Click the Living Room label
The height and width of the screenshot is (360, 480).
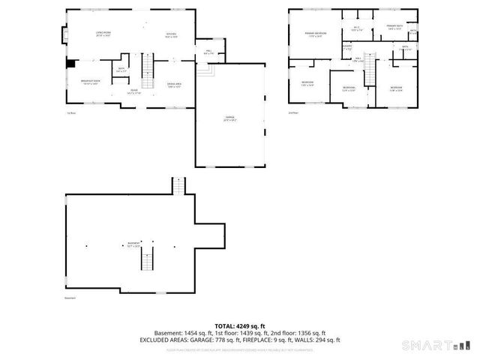(103, 35)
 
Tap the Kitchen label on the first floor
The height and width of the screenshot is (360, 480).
(171, 35)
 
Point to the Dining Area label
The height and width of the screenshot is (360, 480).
(175, 85)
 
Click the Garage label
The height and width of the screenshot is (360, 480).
(229, 118)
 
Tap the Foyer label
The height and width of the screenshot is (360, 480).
(133, 91)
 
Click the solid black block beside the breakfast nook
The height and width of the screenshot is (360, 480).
(70, 64)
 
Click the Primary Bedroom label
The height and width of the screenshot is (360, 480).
(314, 34)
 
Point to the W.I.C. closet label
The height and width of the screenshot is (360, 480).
(357, 29)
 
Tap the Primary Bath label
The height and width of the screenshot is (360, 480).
(394, 28)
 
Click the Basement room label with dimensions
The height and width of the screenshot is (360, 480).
(133, 244)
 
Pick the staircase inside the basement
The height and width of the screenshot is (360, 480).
(148, 262)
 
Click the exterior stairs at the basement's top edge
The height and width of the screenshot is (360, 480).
(178, 185)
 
